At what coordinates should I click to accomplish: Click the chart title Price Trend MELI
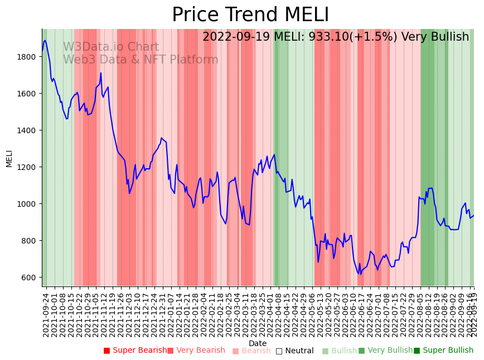250,15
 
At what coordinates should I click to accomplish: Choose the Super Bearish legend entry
135,351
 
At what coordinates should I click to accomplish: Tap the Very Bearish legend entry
196,351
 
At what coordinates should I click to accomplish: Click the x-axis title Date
258,343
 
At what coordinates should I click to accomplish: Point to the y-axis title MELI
9,158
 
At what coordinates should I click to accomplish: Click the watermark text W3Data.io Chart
110,47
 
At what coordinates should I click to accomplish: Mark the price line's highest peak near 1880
45,40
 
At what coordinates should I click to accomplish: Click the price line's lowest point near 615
361,274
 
